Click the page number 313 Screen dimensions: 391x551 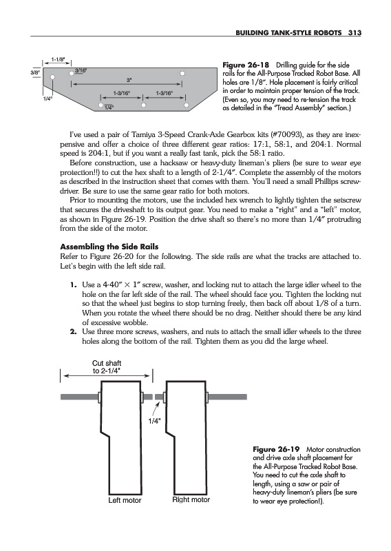pos(355,32)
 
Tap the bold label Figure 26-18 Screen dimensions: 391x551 pos(246,65)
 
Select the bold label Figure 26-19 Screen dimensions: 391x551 pos(276,449)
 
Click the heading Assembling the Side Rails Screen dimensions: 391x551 pos(109,247)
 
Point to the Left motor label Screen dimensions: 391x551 pos(125,500)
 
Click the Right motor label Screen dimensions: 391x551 pos(191,499)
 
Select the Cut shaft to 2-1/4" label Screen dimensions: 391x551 pos(107,367)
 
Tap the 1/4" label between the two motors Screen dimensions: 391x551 pos(154,421)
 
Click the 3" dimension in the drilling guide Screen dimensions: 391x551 pos(129,79)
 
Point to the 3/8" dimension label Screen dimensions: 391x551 pos(35,72)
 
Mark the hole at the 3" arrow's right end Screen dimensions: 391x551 pos(182,74)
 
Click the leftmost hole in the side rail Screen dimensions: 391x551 pos(52,76)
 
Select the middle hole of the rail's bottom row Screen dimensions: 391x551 pos(143,105)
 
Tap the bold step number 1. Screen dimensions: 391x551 pos(73,284)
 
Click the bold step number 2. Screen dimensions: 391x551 pos(73,331)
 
